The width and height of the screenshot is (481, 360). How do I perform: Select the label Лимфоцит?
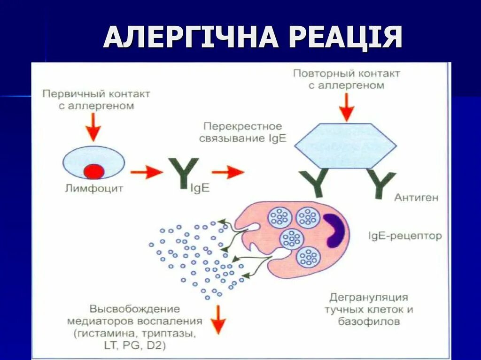(x=94, y=189)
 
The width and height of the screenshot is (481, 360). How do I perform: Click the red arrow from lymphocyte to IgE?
(x=146, y=172)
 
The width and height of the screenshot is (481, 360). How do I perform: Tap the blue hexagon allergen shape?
(x=346, y=146)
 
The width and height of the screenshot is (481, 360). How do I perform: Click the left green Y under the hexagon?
(x=314, y=183)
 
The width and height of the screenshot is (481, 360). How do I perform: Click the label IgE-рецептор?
(x=405, y=235)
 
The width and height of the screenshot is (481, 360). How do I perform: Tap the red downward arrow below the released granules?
(x=218, y=319)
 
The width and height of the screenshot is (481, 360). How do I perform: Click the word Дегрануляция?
(x=369, y=297)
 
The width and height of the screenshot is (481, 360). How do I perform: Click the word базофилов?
(x=369, y=322)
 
